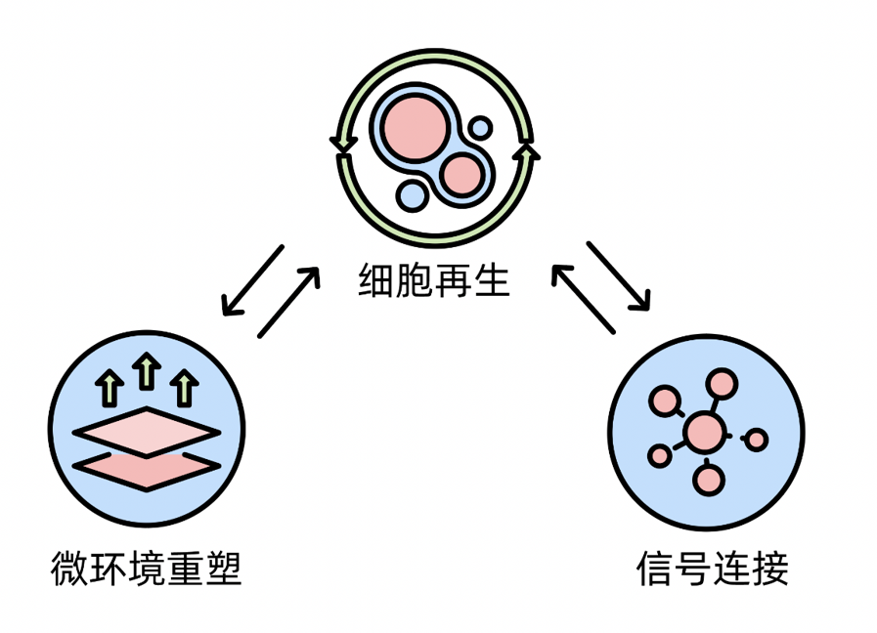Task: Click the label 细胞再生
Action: (x=434, y=281)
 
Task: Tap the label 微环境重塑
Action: (x=146, y=569)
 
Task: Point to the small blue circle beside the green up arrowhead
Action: (x=481, y=128)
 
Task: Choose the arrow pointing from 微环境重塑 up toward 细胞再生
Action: (x=289, y=303)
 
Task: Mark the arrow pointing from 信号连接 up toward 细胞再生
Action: (x=584, y=299)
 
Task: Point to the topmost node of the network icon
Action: (x=722, y=384)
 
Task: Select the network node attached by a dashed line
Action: (x=756, y=440)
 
